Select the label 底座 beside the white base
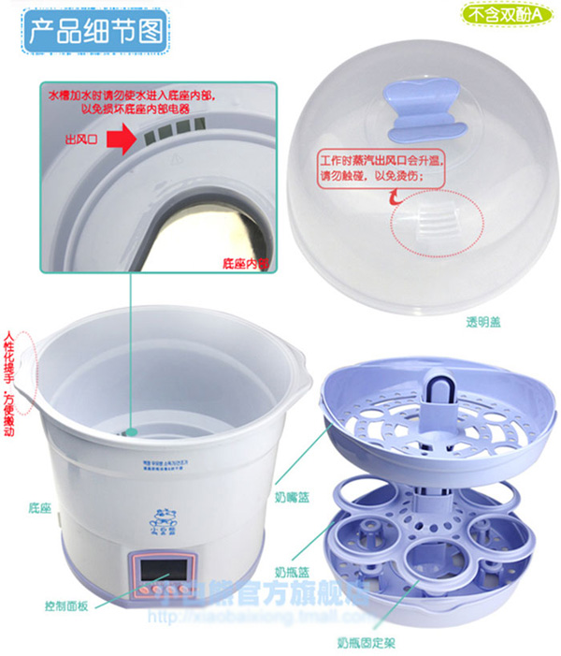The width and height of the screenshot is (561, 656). [39, 506]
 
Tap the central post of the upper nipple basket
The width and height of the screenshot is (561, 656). [438, 392]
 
